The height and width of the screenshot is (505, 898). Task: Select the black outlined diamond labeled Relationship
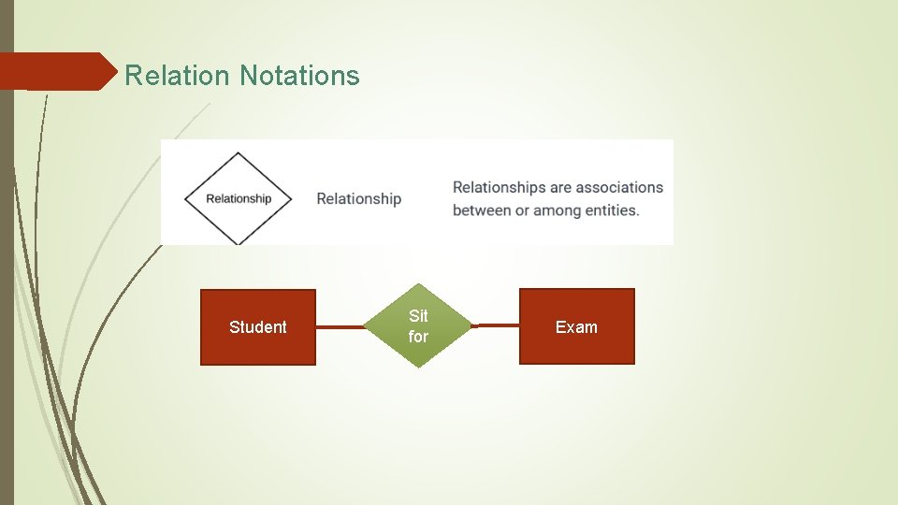[x=238, y=198]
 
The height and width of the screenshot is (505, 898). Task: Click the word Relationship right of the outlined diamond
[x=358, y=198]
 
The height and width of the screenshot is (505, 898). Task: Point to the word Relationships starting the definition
[x=499, y=187]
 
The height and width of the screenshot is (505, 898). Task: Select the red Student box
[x=258, y=347]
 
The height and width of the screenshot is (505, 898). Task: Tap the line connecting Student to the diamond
[x=340, y=327]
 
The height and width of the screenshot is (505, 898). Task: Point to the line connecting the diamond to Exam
[x=496, y=325]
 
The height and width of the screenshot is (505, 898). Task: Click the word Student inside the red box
[x=258, y=327]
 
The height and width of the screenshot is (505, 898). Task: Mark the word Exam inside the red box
[x=576, y=327]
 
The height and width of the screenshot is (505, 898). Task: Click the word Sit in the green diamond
[x=418, y=316]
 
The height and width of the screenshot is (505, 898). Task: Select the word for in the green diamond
[x=418, y=336]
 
